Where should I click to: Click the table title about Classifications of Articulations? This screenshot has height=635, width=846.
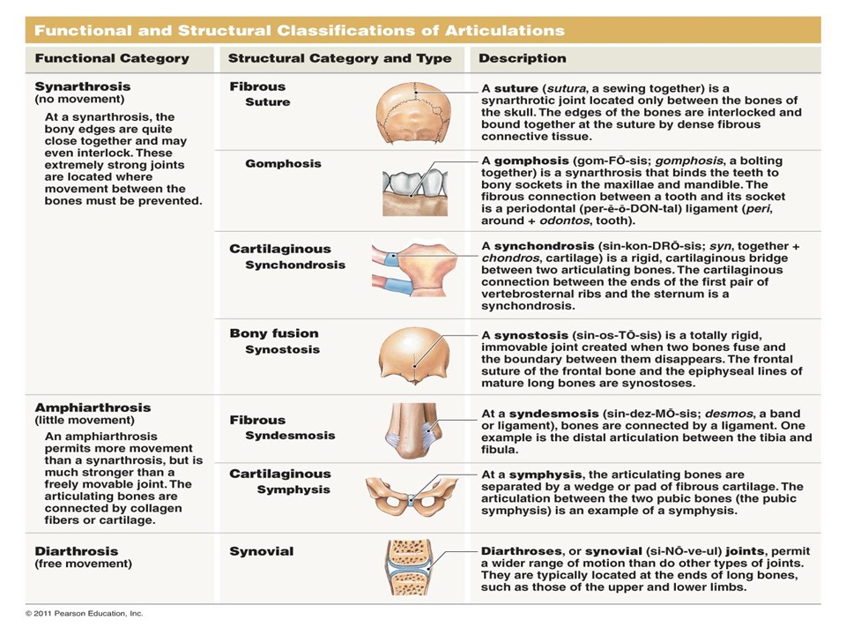(x=299, y=30)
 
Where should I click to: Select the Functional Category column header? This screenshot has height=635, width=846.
(x=112, y=58)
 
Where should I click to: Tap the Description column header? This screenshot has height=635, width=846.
(x=523, y=58)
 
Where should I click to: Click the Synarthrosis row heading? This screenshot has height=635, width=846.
(x=83, y=86)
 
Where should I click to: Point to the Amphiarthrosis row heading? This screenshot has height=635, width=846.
(x=93, y=407)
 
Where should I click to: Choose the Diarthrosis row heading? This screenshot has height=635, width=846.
(x=76, y=551)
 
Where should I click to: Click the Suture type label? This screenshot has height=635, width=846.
(x=267, y=102)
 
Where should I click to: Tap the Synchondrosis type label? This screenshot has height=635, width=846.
(x=295, y=265)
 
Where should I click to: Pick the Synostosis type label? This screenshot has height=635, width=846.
(x=282, y=349)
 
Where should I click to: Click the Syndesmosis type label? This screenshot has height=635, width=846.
(x=290, y=436)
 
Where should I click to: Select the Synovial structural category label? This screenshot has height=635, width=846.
(x=262, y=551)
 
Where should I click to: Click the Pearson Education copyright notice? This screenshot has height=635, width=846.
(x=84, y=613)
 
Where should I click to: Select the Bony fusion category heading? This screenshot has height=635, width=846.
(x=274, y=333)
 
